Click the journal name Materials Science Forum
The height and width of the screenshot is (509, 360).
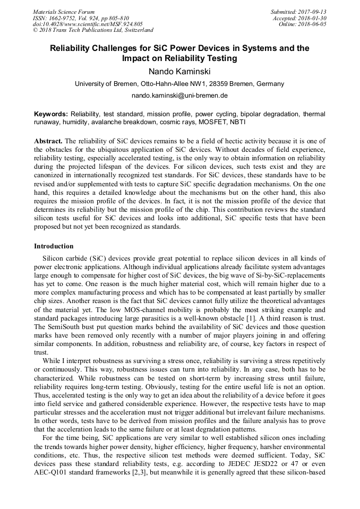click(x=64, y=12)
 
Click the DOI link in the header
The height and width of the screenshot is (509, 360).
click(x=88, y=24)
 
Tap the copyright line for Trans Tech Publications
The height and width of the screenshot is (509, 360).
click(x=93, y=30)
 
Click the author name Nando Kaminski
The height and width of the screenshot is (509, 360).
click(x=179, y=71)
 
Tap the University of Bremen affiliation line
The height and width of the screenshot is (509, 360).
click(x=179, y=84)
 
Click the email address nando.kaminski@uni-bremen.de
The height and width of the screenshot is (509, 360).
click(x=179, y=96)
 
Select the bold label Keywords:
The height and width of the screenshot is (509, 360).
click(x=51, y=114)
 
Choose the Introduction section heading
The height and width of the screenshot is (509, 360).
click(x=54, y=246)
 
